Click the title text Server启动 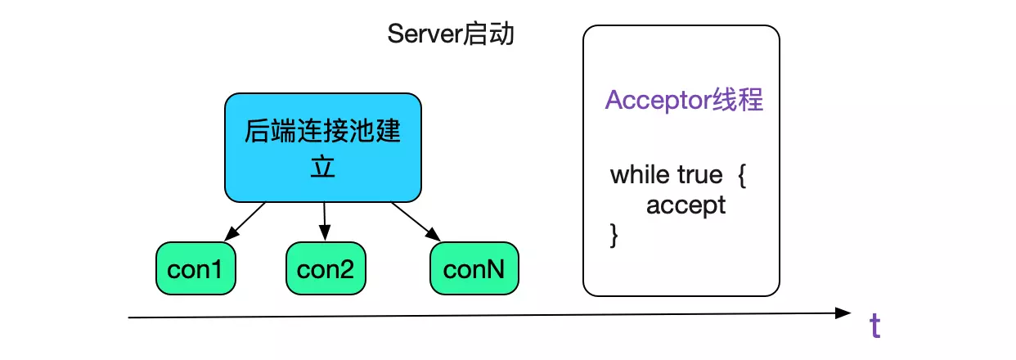point(451,35)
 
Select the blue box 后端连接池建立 point(323,147)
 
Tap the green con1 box point(196,268)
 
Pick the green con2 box point(326,268)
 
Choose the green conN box point(474,268)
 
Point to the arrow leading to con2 point(325,222)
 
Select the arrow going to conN point(416,221)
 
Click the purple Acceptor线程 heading point(684,100)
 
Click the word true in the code point(700,174)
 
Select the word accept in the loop point(686,205)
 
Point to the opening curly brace point(741,175)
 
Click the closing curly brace point(614,235)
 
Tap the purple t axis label point(874,326)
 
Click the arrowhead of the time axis point(843,313)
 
